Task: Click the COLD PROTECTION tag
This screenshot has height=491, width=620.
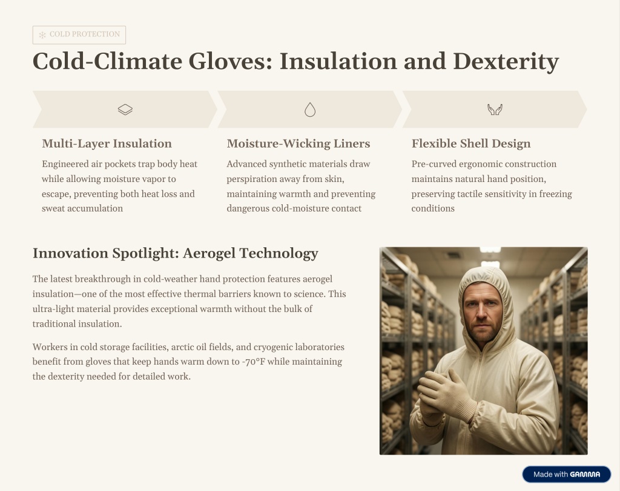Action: pyautogui.click(x=79, y=34)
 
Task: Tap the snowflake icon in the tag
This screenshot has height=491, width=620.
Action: pyautogui.click(x=42, y=34)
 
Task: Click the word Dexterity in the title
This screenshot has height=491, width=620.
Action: pyautogui.click(x=506, y=62)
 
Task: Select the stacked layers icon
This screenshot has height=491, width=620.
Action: pyautogui.click(x=125, y=109)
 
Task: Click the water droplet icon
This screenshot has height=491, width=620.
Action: pyautogui.click(x=310, y=109)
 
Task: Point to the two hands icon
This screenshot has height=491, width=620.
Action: pyautogui.click(x=495, y=109)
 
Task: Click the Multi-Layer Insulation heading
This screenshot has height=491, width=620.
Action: pyautogui.click(x=107, y=143)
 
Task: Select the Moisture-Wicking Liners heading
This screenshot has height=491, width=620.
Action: pyautogui.click(x=298, y=143)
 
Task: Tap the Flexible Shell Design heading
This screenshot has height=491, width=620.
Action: pyautogui.click(x=471, y=143)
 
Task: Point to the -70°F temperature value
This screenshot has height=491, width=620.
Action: pyautogui.click(x=254, y=362)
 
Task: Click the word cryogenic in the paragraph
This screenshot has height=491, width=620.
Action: pyautogui.click(x=274, y=347)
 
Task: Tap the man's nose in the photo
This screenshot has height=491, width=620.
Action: pyautogui.click(x=481, y=312)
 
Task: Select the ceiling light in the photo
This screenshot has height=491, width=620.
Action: pyautogui.click(x=490, y=250)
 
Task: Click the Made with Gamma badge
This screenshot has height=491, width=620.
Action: pyautogui.click(x=567, y=475)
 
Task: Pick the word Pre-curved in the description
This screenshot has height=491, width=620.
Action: pyautogui.click(x=434, y=164)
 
